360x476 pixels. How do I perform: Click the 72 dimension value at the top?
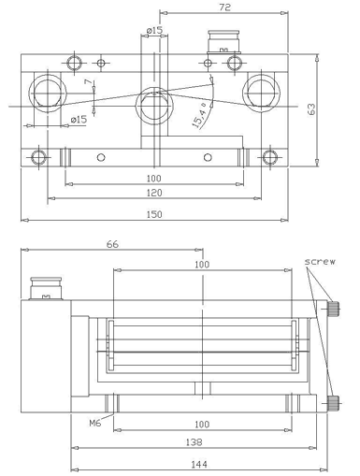click(224, 7)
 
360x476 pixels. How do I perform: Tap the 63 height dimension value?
click(311, 109)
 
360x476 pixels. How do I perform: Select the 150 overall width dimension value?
click(154, 214)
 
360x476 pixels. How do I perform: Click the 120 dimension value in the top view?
click(154, 193)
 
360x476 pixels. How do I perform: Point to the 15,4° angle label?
click(199, 115)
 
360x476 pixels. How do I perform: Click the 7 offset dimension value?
click(89, 82)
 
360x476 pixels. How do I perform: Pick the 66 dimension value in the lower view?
click(112, 244)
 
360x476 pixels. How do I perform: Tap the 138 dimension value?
click(194, 442)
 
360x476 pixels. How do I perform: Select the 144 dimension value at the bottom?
click(199, 465)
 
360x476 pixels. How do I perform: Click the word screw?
click(320, 261)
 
